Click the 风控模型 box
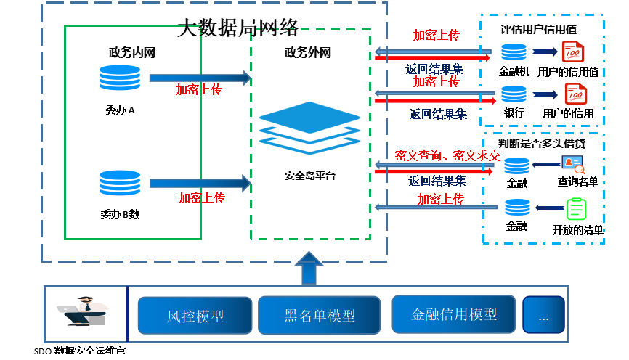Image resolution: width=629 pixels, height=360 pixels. pyautogui.click(x=195, y=316)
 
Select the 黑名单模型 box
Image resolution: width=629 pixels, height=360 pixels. pyautogui.click(x=319, y=316)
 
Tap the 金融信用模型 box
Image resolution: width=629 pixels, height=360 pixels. pyautogui.click(x=453, y=314)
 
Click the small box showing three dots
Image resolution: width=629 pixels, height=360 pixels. pyautogui.click(x=543, y=315)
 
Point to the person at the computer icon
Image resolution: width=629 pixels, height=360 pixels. pyautogui.click(x=82, y=311)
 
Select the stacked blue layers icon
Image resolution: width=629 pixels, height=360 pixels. pyautogui.click(x=309, y=127)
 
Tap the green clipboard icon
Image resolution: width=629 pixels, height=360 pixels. pyautogui.click(x=576, y=209)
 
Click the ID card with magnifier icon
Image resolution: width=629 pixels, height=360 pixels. pyautogui.click(x=572, y=164)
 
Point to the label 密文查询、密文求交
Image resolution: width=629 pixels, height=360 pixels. pyautogui.click(x=447, y=155)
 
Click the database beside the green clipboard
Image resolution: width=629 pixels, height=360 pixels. pyautogui.click(x=517, y=208)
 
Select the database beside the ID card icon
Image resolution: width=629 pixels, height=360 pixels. pyautogui.click(x=516, y=165)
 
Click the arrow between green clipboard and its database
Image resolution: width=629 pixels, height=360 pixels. pyautogui.click(x=549, y=208)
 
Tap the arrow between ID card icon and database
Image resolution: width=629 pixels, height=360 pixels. pyautogui.click(x=545, y=165)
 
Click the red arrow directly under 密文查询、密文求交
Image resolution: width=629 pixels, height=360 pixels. pyautogui.click(x=434, y=172)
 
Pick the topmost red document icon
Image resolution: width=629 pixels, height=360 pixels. pyautogui.click(x=573, y=52)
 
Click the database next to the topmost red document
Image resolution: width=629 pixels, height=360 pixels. pyautogui.click(x=514, y=52)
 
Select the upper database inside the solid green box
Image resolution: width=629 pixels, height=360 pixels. pyautogui.click(x=120, y=78)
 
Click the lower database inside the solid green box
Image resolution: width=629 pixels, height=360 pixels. pyautogui.click(x=120, y=183)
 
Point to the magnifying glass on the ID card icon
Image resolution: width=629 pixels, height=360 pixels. pyautogui.click(x=580, y=170)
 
